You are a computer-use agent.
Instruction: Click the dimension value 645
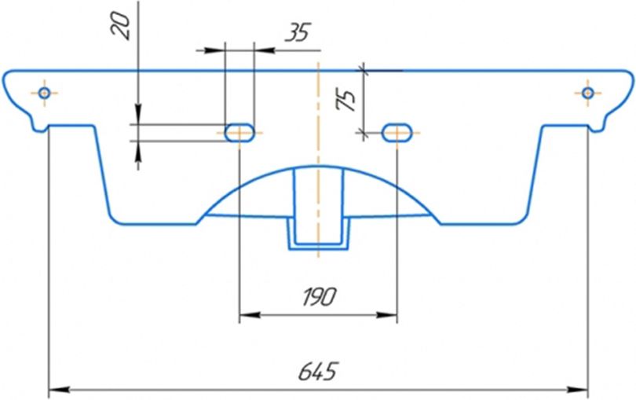pos(318,370)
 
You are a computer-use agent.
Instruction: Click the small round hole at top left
pos(44,94)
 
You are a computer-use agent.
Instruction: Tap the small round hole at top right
pos(587,93)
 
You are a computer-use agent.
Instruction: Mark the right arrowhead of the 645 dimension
pos(582,388)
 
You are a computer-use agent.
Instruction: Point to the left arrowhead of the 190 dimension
pos(244,315)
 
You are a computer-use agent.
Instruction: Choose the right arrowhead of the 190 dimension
pos(391,315)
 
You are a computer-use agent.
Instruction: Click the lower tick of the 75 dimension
pos(364,132)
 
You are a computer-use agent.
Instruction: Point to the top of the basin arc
pos(318,166)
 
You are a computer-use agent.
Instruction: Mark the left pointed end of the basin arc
pos(198,221)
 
